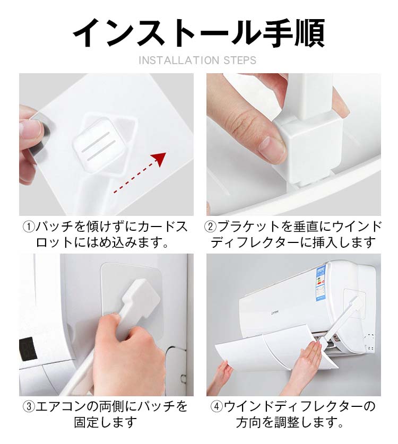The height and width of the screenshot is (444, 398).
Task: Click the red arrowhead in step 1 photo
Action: point(160,159)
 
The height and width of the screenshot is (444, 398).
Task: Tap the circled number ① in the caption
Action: point(29,227)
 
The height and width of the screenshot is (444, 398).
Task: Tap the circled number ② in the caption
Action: point(211,227)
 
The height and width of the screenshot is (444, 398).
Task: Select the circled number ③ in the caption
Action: point(29,407)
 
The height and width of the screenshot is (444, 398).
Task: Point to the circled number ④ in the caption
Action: point(217,407)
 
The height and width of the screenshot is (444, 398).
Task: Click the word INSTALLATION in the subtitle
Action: point(179,60)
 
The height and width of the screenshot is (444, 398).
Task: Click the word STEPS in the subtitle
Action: point(240,60)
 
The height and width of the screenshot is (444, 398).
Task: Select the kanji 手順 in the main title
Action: point(294,33)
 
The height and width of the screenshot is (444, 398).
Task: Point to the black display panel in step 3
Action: point(28,350)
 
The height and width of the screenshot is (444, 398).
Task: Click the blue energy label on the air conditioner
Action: point(321,283)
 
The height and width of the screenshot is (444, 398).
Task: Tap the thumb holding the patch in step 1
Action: point(31,130)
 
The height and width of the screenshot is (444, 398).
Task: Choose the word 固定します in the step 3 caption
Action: point(106,422)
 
